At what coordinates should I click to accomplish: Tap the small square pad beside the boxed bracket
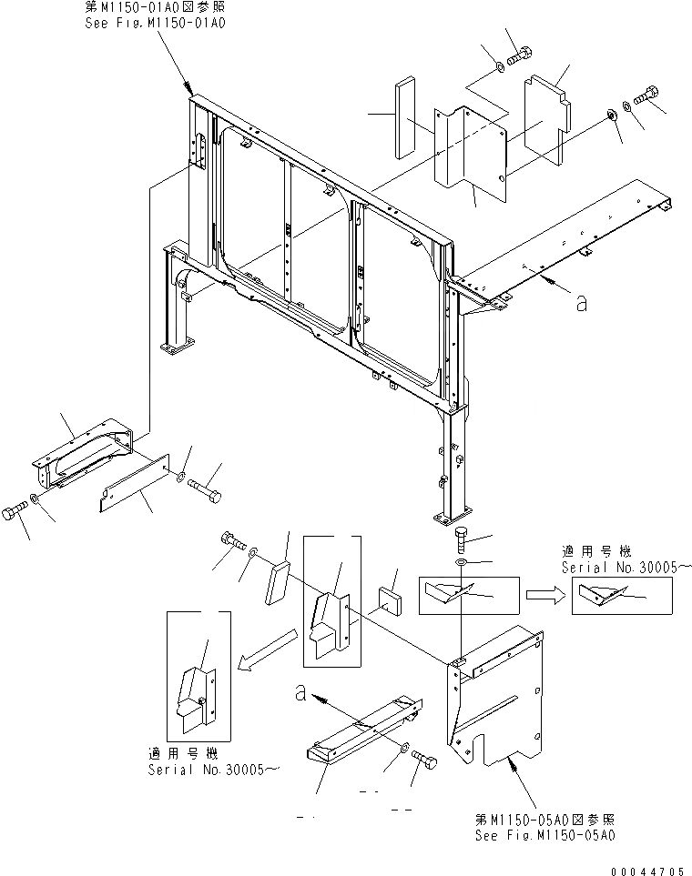(393, 601)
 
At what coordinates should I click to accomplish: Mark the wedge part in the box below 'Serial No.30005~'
(609, 595)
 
